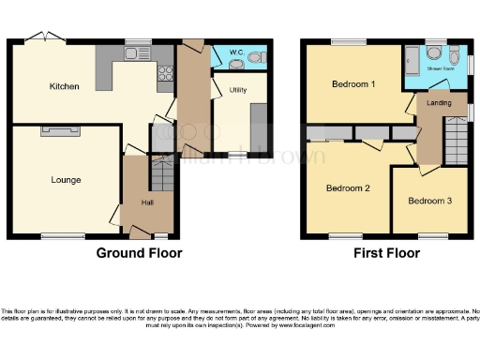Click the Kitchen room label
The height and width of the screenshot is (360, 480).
click(65, 86)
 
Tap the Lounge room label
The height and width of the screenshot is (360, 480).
click(66, 179)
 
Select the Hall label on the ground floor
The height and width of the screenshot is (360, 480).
click(148, 202)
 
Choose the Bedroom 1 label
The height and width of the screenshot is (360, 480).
click(353, 83)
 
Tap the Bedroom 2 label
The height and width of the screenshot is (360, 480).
click(347, 187)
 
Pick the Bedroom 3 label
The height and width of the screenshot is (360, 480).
click(429, 201)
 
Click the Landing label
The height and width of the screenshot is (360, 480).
click(437, 103)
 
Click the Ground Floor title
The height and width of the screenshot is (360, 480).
click(140, 253)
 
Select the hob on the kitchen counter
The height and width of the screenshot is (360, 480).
click(166, 71)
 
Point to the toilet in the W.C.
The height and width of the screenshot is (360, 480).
click(255, 58)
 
